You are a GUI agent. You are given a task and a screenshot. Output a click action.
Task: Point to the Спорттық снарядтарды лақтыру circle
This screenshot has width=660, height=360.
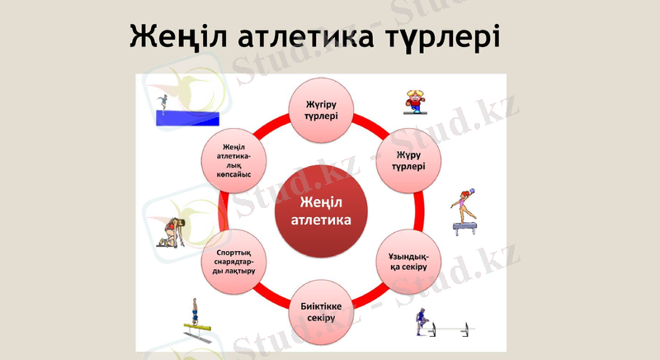(x=233, y=261)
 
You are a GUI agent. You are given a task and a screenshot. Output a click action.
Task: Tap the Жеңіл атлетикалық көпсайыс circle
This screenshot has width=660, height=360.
(x=233, y=159)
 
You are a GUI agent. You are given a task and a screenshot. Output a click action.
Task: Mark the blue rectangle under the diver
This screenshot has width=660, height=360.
(x=188, y=118)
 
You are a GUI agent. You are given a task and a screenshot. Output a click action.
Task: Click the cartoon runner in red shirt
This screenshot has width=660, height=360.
(x=414, y=102)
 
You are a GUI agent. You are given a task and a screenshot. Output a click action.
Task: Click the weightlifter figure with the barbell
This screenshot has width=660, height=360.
(x=422, y=322)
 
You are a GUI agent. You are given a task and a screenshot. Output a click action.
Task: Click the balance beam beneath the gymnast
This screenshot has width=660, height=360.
(x=465, y=227)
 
